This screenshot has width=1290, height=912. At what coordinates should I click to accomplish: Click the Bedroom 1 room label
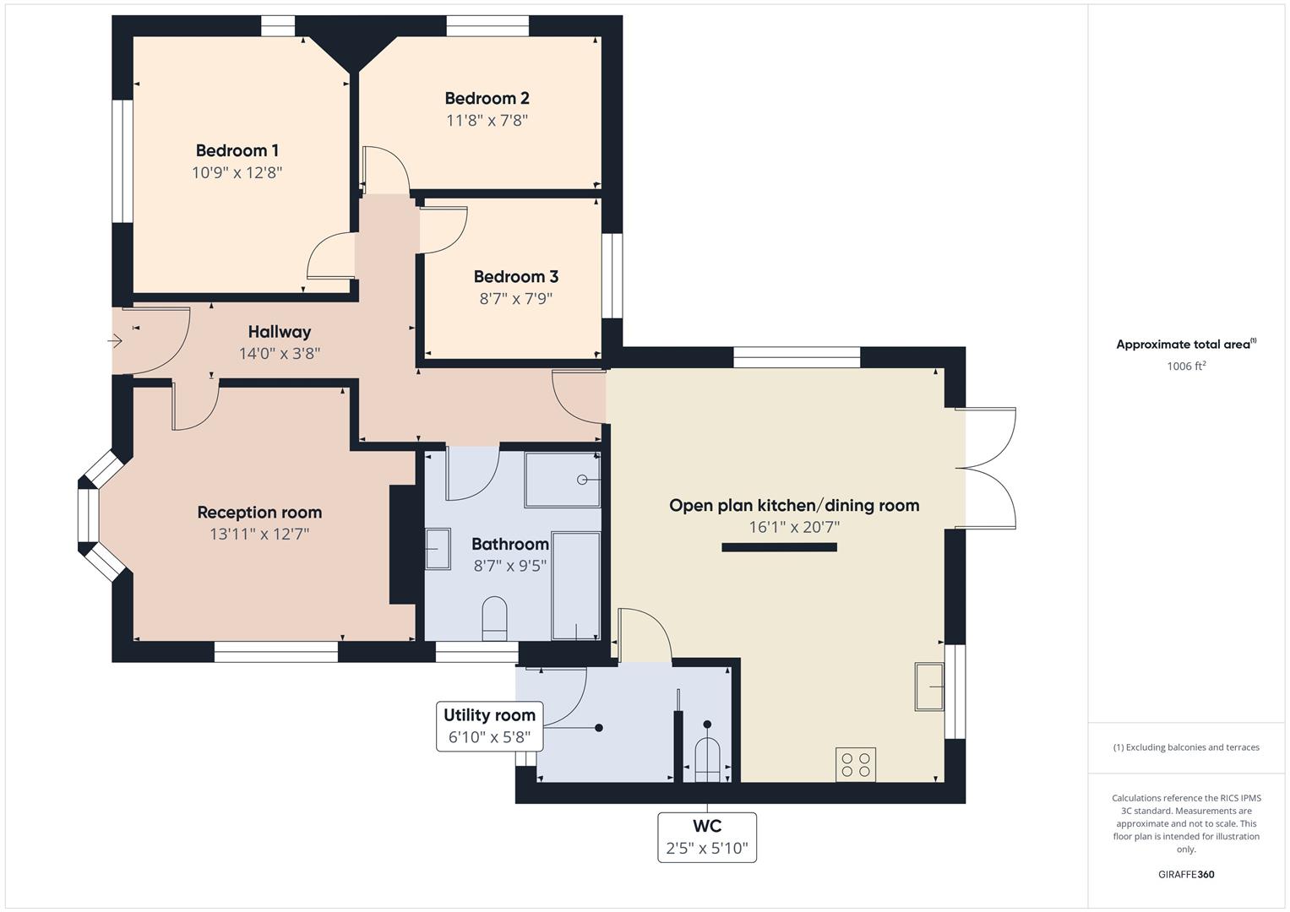click(237, 151)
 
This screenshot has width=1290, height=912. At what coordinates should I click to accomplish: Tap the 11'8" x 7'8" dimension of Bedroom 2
click(487, 121)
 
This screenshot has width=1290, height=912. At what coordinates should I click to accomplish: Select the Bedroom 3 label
click(515, 277)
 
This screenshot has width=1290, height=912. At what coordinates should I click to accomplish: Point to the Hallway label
click(280, 332)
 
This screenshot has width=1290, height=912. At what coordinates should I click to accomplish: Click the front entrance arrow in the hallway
click(116, 341)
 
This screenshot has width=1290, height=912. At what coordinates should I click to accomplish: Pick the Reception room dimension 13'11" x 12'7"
click(259, 535)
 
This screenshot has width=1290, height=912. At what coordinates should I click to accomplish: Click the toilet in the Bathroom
click(493, 618)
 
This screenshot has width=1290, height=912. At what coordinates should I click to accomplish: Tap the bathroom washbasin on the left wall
click(437, 549)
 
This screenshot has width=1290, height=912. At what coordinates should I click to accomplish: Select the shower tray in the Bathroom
click(562, 480)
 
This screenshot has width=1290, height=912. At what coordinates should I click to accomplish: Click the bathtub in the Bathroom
click(576, 584)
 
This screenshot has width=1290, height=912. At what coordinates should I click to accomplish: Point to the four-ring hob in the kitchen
click(855, 764)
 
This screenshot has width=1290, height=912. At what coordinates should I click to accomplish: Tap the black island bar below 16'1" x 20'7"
click(779, 547)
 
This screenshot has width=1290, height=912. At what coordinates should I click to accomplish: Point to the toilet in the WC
click(706, 757)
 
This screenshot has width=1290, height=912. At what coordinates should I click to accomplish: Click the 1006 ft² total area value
click(1186, 366)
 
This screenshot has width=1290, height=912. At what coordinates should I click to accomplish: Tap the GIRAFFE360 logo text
click(1186, 875)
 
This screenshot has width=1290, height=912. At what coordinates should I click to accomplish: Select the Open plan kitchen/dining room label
click(794, 506)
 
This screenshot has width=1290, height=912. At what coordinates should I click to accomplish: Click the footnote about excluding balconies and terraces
click(1186, 747)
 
